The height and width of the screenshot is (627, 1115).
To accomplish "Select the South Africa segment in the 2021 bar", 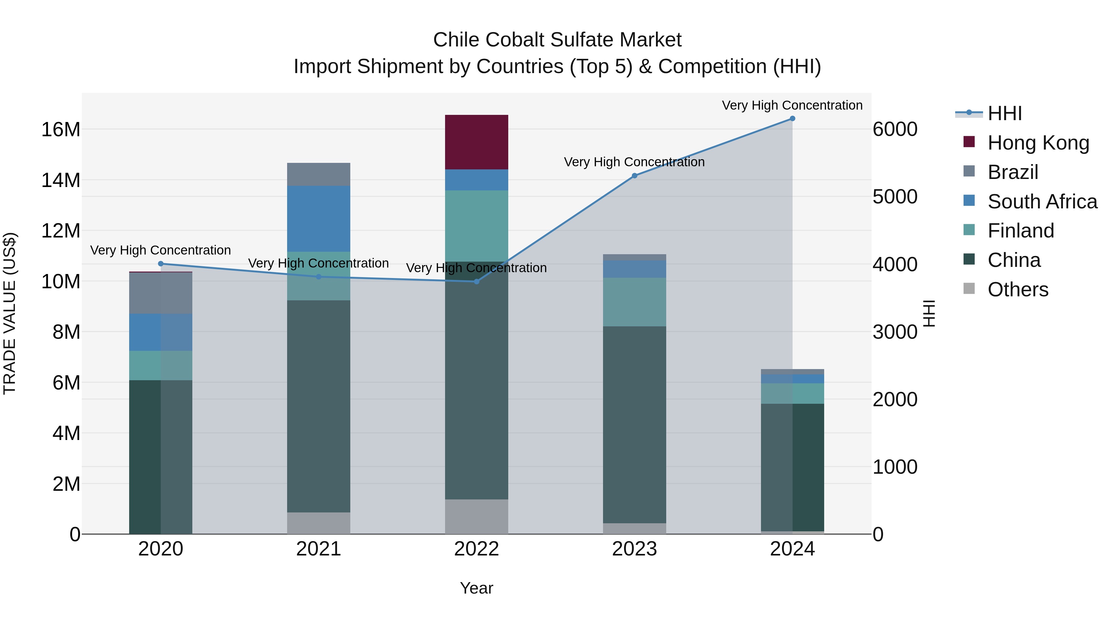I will [x=319, y=219].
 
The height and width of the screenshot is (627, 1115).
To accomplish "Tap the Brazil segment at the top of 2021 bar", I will [x=319, y=174].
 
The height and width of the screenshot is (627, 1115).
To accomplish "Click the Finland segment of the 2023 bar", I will [x=635, y=302].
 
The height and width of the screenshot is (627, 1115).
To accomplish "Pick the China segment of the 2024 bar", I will [x=793, y=467].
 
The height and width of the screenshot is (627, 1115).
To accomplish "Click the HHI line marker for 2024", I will [x=793, y=119].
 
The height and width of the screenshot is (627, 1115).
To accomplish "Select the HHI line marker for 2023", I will [x=635, y=176].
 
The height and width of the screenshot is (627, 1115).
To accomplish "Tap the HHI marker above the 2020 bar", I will [x=160, y=263].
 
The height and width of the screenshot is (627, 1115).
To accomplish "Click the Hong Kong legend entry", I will [x=1038, y=143].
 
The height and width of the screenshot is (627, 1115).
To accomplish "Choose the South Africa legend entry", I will [x=1042, y=202].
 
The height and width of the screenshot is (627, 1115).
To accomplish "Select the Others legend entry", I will [x=1018, y=290].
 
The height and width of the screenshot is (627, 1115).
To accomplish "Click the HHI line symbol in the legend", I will [x=969, y=113].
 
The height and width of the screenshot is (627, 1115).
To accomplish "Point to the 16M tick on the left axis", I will [x=61, y=129].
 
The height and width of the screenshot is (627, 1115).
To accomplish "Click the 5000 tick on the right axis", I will [x=895, y=197].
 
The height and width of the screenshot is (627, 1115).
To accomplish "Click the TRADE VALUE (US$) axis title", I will [x=10, y=313].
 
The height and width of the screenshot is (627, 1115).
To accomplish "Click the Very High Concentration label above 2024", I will [x=792, y=105].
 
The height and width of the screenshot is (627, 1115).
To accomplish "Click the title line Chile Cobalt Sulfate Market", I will [x=557, y=40].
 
